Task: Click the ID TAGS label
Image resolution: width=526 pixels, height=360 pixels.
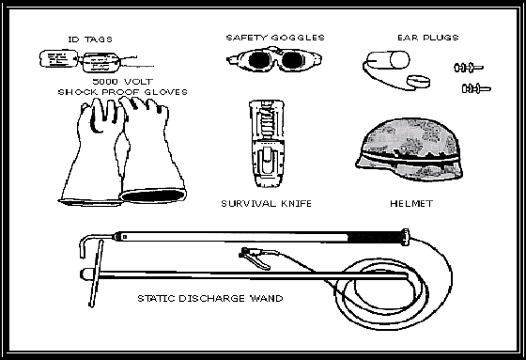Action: pos(90,39)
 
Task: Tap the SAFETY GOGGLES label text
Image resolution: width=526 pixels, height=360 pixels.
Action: pos(275,38)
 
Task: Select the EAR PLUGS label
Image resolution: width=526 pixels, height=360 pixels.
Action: pos(427,38)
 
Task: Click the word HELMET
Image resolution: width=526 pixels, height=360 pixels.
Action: pos(411,204)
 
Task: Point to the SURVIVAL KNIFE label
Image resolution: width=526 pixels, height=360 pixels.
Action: pos(267,204)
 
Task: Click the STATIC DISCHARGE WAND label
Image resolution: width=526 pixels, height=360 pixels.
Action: pos(210,298)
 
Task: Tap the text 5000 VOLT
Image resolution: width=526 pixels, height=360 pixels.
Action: pos(123,81)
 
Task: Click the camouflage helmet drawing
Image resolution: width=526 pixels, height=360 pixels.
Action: pos(410,149)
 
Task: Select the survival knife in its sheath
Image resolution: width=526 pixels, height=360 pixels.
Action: pos(267,144)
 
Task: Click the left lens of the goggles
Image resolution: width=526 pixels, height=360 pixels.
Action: pos(258,60)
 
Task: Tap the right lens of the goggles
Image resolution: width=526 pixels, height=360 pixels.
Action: pos(291,60)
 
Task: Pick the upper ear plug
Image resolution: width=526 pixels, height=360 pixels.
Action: pos(469,68)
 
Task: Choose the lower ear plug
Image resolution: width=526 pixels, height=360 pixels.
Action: pos(476,88)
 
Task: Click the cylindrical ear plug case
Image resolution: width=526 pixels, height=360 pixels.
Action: pos(388,60)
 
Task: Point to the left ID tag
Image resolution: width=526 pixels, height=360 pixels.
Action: pos(58,59)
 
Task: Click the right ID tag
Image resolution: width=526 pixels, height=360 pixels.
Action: pos(101,62)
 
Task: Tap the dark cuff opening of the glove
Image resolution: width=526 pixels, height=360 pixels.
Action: pos(153,196)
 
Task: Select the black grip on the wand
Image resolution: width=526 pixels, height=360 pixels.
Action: pos(375,238)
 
